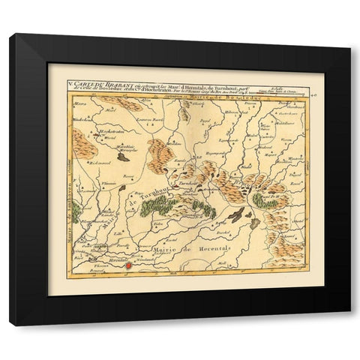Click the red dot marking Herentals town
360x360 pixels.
point(127,264)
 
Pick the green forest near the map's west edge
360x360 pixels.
point(77,211)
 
